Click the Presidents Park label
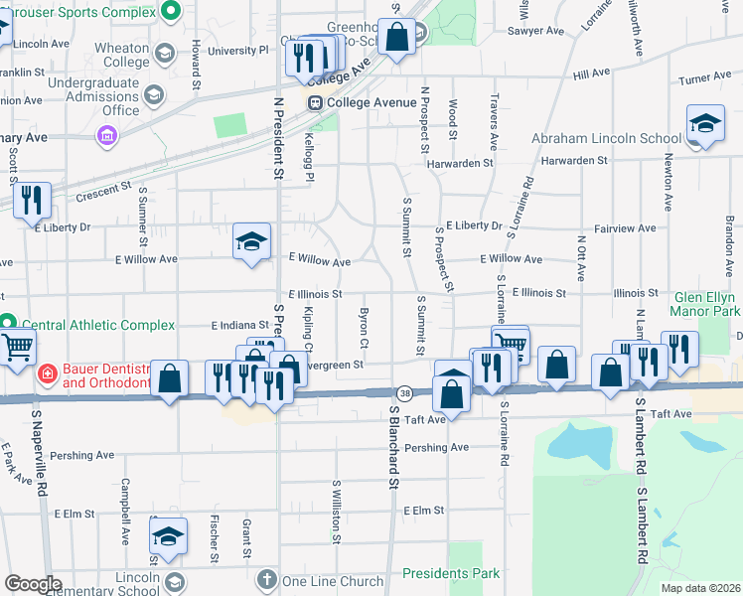[x=451, y=573]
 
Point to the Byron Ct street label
[x=365, y=329]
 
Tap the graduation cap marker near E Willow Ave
[x=251, y=241]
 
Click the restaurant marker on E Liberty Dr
[x=34, y=202]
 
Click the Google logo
[x=33, y=584]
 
